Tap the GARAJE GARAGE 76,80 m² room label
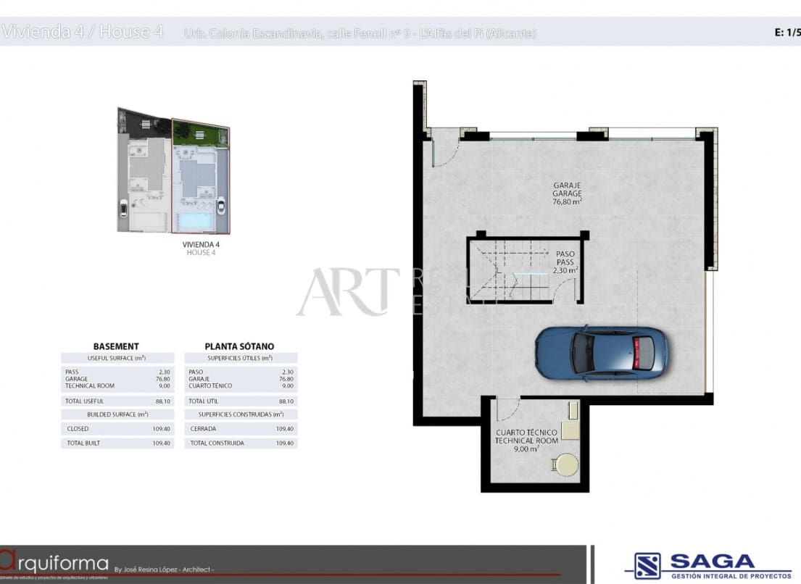click(567, 193)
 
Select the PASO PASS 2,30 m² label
click(565, 262)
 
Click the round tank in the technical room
click(565, 464)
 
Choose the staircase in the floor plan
click(507, 272)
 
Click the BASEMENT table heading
click(116, 346)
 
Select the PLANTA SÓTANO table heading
click(239, 346)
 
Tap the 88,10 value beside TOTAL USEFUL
click(163, 401)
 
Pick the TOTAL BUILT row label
click(83, 443)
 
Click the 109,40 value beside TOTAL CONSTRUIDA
click(285, 443)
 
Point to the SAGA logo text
click(712, 562)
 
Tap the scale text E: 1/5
click(787, 32)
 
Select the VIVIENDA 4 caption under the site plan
click(201, 245)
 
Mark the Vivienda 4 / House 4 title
click(83, 32)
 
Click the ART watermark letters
click(348, 291)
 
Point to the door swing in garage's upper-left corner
click(446, 149)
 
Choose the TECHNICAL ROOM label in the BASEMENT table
click(90, 385)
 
